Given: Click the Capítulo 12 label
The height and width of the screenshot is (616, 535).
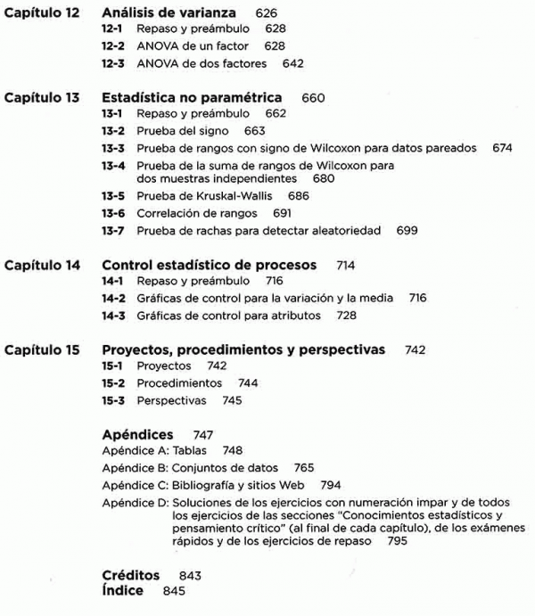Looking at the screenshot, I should [x=42, y=13].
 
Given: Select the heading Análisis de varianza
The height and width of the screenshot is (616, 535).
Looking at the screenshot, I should [x=169, y=13].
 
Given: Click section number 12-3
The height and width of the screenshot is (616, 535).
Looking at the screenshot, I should [x=115, y=63].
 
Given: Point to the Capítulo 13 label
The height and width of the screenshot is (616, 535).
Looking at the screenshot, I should [x=42, y=97].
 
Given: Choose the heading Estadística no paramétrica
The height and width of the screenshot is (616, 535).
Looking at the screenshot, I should [x=192, y=97].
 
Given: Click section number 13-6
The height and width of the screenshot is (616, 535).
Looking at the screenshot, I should [x=115, y=214].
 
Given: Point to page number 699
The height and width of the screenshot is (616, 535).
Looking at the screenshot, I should [x=407, y=231].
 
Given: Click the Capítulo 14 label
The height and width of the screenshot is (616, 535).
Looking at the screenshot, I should [x=42, y=265].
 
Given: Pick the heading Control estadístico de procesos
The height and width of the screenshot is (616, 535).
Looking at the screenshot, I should [x=210, y=265].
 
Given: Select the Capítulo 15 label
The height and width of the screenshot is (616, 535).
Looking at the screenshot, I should [x=42, y=349].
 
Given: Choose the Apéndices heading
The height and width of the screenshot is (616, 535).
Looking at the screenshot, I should [x=137, y=434].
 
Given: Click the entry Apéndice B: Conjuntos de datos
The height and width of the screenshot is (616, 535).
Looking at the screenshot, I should [x=190, y=467].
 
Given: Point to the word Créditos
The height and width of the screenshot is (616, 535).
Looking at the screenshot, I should [x=131, y=575].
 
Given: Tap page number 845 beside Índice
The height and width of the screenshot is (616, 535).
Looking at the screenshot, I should [x=175, y=591].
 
